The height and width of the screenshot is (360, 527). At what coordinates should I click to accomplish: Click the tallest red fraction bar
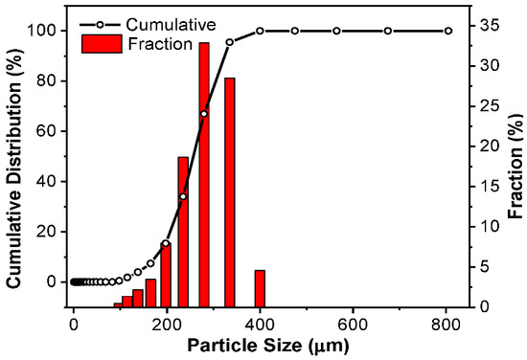coord(204,172)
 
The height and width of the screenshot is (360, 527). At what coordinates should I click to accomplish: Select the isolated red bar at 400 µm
coord(260,287)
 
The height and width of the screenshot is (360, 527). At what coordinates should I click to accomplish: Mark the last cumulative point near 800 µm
coord(447,31)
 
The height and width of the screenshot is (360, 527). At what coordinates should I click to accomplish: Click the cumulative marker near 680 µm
coord(388,31)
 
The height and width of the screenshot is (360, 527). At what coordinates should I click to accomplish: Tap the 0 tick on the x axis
coord(74,323)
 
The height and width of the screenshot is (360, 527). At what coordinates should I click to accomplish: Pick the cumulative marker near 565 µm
coord(336,31)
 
